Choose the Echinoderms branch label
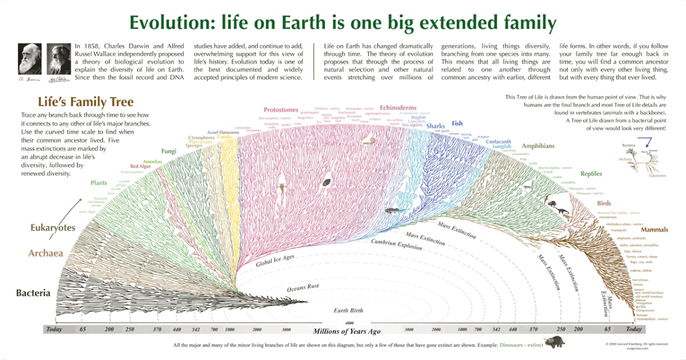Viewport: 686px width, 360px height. pyautogui.click(x=398, y=107)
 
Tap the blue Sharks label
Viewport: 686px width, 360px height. pyautogui.click(x=436, y=126)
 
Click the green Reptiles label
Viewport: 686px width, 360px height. pyautogui.click(x=591, y=174)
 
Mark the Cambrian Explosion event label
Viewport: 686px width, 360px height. pyautogui.click(x=396, y=245)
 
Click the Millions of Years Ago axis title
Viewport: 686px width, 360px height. pyautogui.click(x=346, y=331)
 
